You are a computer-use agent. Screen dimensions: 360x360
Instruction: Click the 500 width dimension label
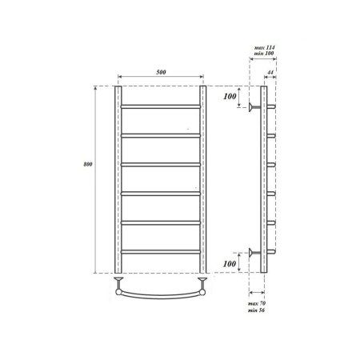161,73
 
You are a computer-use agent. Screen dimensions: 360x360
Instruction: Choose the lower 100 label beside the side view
231,263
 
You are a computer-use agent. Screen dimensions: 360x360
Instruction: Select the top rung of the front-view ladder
161,106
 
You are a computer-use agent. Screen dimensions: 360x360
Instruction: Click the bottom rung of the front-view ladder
161,251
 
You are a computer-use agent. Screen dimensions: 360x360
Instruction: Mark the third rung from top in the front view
161,164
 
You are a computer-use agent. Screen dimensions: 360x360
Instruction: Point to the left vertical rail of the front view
118,176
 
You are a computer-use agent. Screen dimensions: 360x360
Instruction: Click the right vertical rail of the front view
203,176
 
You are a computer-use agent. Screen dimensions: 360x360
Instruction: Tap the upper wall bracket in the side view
254,106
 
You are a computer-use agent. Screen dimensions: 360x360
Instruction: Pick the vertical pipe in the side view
263,176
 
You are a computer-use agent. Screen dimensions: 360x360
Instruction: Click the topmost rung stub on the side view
271,106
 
